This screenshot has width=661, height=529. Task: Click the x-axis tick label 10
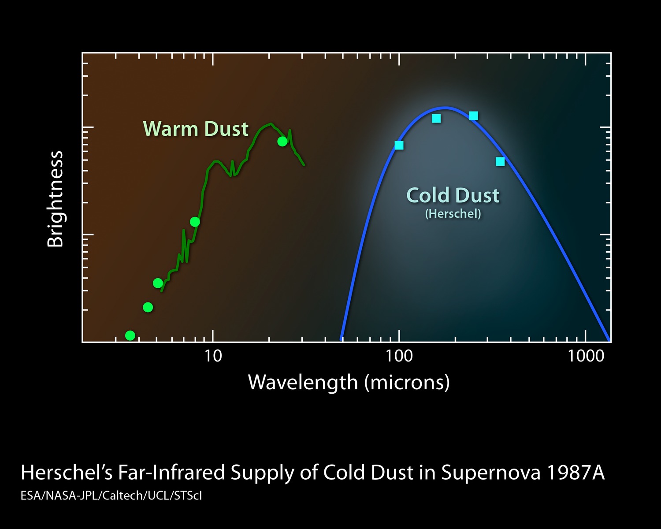[213, 356]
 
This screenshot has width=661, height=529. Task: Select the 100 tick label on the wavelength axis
[399, 356]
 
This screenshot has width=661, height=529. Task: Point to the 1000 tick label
[586, 356]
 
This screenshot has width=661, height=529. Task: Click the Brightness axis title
[56, 199]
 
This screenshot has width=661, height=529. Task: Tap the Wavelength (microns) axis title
[349, 382]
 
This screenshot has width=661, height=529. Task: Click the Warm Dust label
[196, 129]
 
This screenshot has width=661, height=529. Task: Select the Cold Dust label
[453, 195]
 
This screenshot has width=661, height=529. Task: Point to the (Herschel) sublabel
[453, 214]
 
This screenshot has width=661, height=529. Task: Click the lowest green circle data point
[130, 335]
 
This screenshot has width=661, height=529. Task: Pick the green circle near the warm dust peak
[282, 142]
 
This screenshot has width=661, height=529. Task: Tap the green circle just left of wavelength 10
[195, 222]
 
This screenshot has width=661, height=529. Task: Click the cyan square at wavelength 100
[399, 145]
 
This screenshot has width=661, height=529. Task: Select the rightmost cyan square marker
[500, 162]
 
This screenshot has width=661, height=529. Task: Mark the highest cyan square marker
[474, 116]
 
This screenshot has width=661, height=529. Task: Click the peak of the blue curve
[446, 107]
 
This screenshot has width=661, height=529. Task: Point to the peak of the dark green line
[270, 124]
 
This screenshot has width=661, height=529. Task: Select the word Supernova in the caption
[490, 473]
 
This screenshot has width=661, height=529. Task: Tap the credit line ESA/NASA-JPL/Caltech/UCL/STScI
[111, 495]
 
